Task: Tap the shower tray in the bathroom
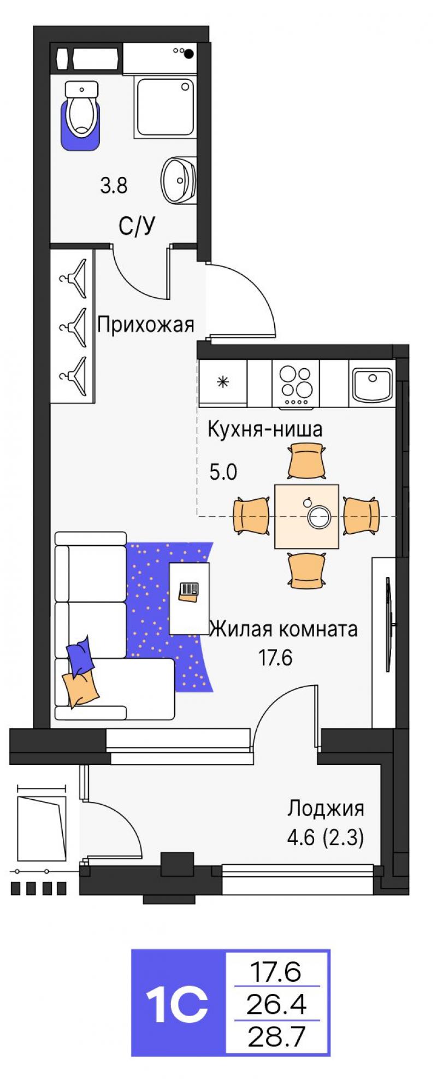click(x=165, y=107)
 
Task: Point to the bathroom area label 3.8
click(x=114, y=186)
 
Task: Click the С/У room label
click(x=137, y=225)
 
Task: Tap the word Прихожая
click(x=145, y=325)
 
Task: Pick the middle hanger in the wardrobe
click(x=73, y=327)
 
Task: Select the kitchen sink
click(x=371, y=384)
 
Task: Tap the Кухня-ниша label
click(x=264, y=429)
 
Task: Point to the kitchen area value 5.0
click(x=223, y=471)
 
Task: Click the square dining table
click(x=306, y=516)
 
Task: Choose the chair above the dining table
click(x=307, y=461)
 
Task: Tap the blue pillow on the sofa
click(x=80, y=656)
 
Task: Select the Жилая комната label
click(x=284, y=629)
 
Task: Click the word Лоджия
click(x=326, y=809)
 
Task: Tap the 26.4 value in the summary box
click(x=276, y=1004)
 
